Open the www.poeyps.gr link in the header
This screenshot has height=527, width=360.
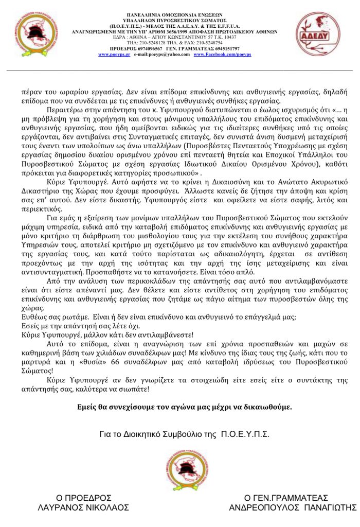113,54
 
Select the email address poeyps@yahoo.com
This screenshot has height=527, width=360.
167,54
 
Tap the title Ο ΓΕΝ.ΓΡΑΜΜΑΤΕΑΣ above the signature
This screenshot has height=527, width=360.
286,498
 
